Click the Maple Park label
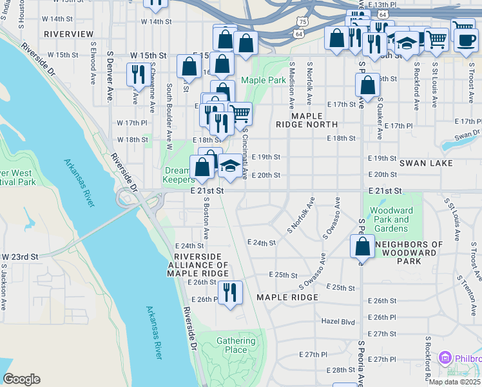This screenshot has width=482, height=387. click(x=263, y=81)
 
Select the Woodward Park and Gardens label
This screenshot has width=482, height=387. click(x=392, y=219)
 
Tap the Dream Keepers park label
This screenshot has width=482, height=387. click(x=177, y=175)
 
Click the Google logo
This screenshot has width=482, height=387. click(x=21, y=379)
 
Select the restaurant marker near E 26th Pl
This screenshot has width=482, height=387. click(x=230, y=292)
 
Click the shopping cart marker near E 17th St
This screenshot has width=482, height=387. click(x=240, y=114)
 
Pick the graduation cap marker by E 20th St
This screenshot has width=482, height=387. click(x=230, y=166)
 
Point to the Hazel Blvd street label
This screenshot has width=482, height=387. click(x=338, y=321)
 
